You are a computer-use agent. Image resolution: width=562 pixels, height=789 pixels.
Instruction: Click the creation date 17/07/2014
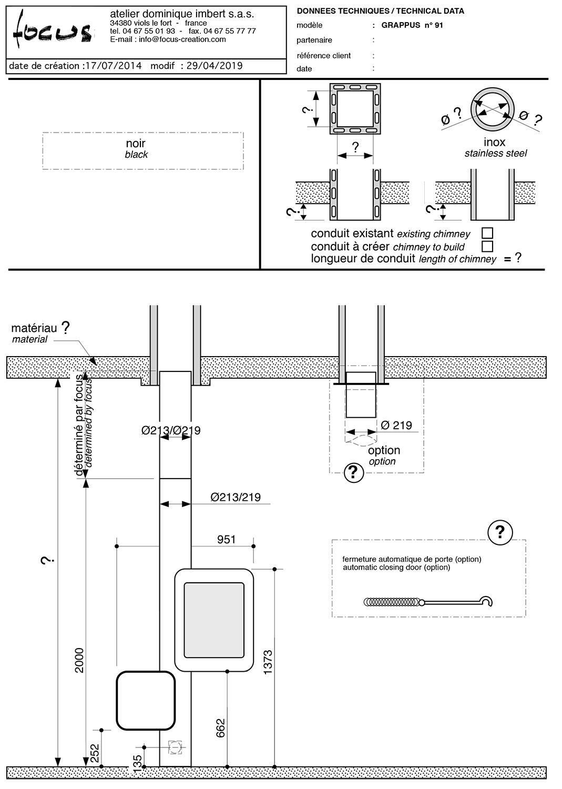tap(114, 66)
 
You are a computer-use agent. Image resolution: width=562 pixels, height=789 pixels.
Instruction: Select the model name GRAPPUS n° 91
tap(412, 25)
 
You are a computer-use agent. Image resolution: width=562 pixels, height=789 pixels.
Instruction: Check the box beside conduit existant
tap(487, 233)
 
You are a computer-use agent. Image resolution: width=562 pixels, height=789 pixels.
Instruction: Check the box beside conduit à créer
tap(487, 246)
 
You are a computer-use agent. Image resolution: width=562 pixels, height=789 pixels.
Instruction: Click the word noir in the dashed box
tap(136, 144)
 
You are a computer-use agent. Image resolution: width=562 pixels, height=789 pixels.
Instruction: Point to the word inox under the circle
tap(495, 142)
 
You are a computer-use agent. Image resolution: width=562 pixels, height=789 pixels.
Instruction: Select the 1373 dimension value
tap(268, 663)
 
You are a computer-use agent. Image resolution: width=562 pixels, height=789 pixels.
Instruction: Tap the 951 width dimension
tap(226, 539)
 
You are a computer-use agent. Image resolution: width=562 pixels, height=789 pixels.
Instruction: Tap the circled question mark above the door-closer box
tap(499, 533)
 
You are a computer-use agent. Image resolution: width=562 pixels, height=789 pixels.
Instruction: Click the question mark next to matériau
tap(65, 328)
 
